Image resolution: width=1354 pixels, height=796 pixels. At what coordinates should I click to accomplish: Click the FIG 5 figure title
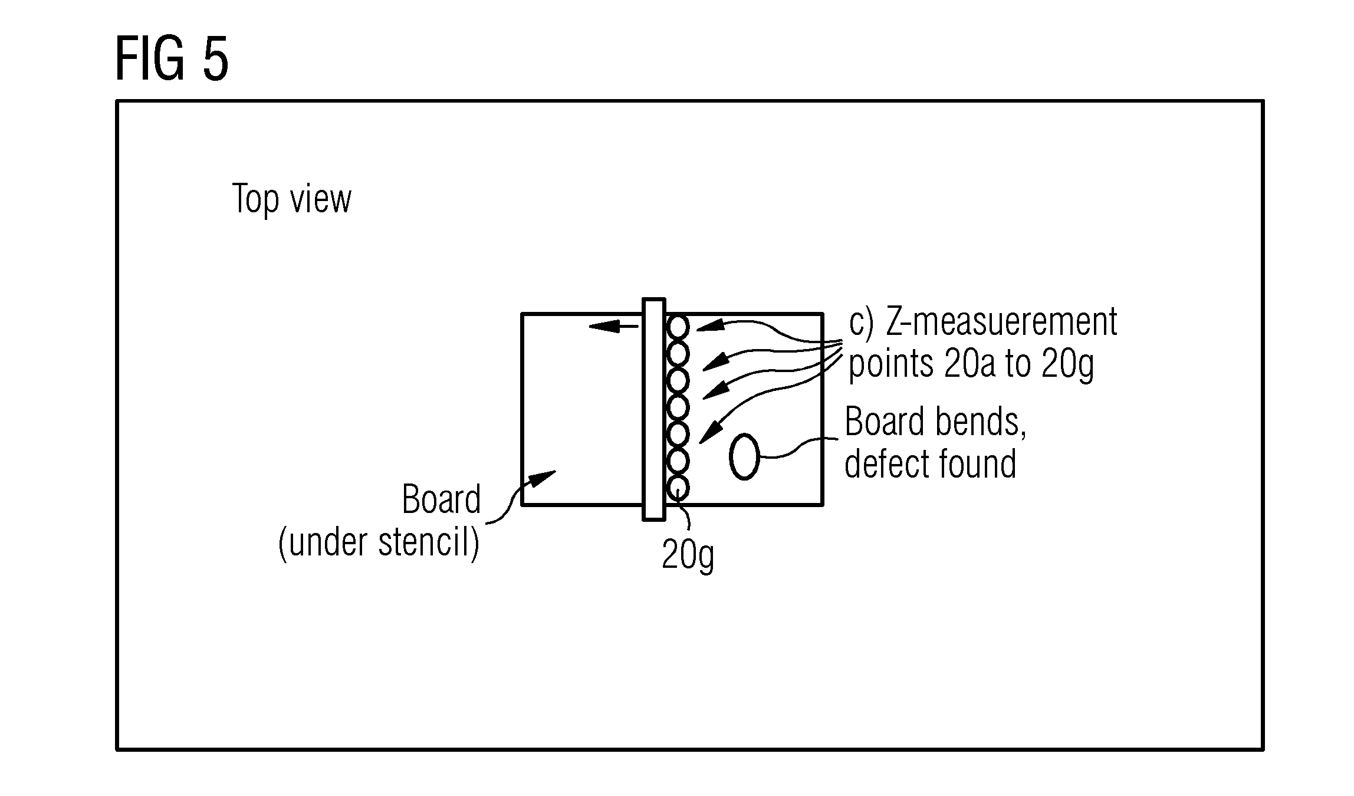pyautogui.click(x=172, y=60)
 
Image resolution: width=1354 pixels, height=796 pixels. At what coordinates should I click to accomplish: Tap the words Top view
pyautogui.click(x=292, y=199)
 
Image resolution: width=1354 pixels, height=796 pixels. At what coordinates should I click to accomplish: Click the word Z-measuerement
pyautogui.click(x=1001, y=322)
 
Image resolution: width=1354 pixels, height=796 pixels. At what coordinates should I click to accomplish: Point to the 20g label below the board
pyautogui.click(x=688, y=555)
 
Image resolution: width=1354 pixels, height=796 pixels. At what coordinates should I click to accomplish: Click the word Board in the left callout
pyautogui.click(x=441, y=499)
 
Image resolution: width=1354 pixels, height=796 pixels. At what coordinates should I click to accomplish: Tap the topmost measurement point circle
pyautogui.click(x=678, y=327)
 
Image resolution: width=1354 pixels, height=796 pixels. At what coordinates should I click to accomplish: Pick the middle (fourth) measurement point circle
pyautogui.click(x=678, y=407)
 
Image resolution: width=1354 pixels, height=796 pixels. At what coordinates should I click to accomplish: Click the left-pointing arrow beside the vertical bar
pyautogui.click(x=614, y=325)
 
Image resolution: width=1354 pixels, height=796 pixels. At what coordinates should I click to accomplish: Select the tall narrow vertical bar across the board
pyautogui.click(x=654, y=409)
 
